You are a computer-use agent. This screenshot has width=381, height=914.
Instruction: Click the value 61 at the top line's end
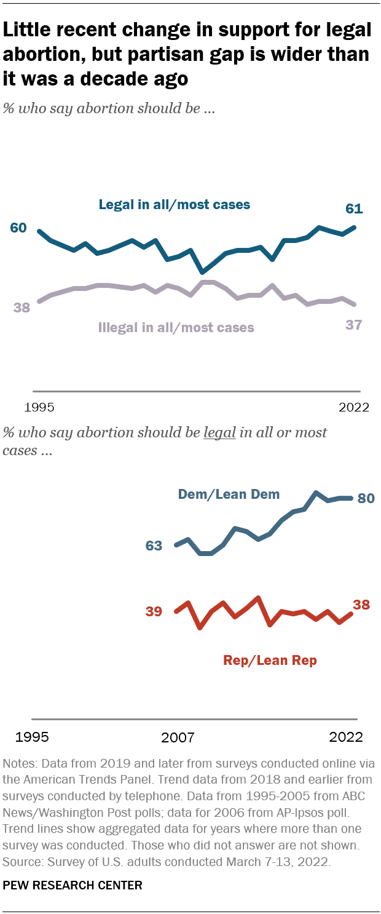click(x=354, y=209)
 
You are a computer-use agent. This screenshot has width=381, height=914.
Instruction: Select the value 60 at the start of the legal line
click(x=18, y=228)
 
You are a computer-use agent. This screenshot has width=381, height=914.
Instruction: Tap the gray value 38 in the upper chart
click(x=22, y=308)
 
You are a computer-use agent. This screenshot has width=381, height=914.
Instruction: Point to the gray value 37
click(x=353, y=325)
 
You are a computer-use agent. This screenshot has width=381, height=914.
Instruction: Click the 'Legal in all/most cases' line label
click(x=175, y=205)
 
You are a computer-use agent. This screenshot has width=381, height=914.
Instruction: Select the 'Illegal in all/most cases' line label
click(x=176, y=327)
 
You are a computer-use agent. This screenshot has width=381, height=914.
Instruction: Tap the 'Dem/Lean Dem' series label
click(x=229, y=494)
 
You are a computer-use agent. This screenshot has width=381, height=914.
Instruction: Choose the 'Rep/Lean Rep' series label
click(x=270, y=661)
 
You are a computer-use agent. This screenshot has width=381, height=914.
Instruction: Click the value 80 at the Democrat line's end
click(x=366, y=498)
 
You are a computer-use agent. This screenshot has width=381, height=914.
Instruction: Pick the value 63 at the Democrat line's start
click(x=154, y=546)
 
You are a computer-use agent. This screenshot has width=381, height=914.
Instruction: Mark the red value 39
click(x=154, y=611)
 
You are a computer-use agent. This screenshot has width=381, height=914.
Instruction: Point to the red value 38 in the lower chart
click(x=361, y=605)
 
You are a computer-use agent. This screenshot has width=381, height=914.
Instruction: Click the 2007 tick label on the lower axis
click(x=178, y=737)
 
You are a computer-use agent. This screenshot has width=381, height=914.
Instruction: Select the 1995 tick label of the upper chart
click(x=39, y=407)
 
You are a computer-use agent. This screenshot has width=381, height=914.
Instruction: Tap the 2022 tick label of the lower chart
click(x=345, y=737)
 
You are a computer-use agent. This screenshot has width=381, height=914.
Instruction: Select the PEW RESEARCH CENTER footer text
click(x=73, y=886)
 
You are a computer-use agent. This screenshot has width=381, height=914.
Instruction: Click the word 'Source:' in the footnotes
click(x=23, y=862)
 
